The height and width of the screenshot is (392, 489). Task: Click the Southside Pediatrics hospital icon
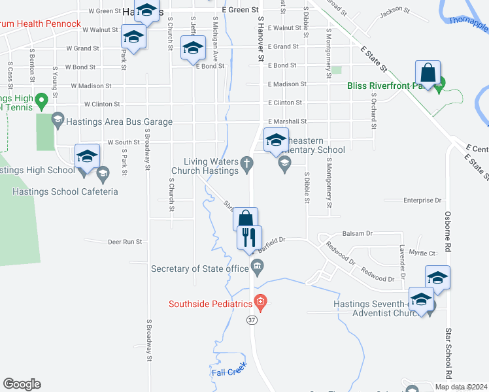[260, 301]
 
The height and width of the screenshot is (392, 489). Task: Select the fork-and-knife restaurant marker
[250, 237]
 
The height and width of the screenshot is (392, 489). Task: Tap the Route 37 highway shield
[252, 320]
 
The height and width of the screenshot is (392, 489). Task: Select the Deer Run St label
[125, 242]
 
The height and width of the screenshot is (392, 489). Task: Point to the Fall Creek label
[228, 372]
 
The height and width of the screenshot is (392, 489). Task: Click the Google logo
[22, 384]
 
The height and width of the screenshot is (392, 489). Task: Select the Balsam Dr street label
[356, 233]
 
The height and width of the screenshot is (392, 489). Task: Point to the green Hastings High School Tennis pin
[41, 101]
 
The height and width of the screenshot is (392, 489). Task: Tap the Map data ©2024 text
[461, 387]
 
